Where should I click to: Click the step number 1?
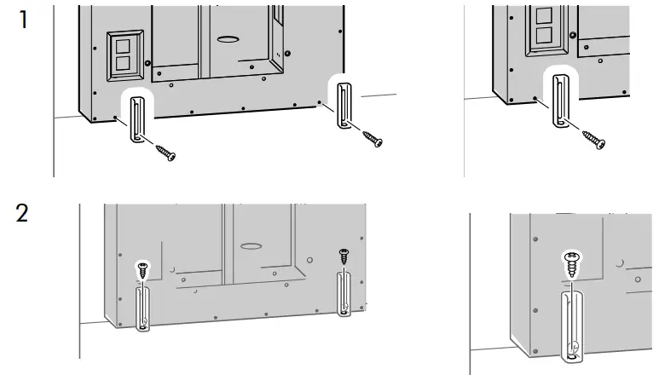tap(23, 20)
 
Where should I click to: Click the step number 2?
tap(24, 212)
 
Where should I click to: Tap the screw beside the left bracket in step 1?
tap(165, 153)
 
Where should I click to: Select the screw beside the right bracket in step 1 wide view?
tap(373, 137)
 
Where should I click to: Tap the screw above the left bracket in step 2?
tap(142, 271)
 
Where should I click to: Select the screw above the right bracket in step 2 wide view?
tap(344, 255)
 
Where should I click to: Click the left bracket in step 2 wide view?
tap(142, 308)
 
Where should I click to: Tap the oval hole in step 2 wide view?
tap(251, 245)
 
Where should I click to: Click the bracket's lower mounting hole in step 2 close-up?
tap(574, 347)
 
